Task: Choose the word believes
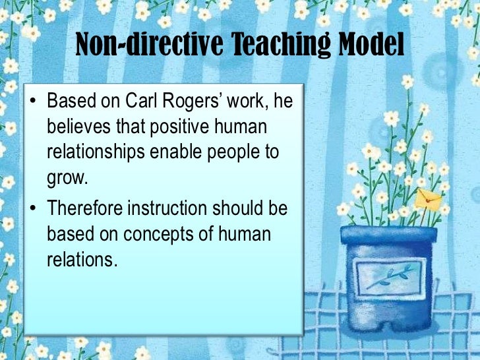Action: coord(78,127)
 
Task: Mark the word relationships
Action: coord(95,152)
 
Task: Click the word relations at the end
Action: coord(81,258)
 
